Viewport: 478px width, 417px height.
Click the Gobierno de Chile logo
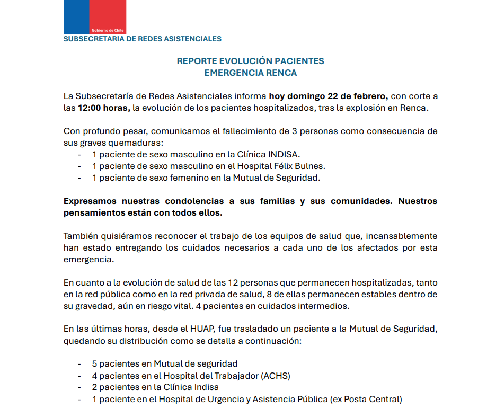point(94,17)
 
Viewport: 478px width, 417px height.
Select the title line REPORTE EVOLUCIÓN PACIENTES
point(250,61)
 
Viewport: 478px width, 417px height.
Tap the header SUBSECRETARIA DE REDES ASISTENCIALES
point(143,39)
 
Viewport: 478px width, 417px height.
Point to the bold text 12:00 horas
point(104,108)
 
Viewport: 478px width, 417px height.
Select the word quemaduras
point(137,143)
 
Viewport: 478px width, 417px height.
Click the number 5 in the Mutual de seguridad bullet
point(94,363)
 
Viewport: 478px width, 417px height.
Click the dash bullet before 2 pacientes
point(79,387)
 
